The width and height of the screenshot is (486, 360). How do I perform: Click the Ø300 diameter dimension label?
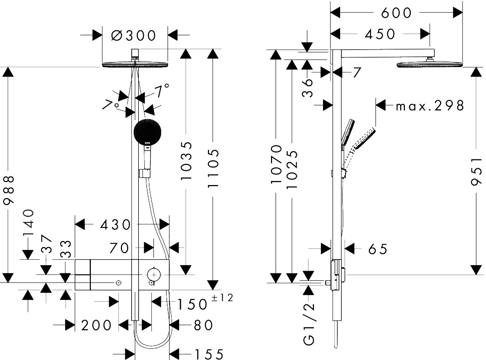(133, 35)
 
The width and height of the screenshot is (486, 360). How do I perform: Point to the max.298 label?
(429, 106)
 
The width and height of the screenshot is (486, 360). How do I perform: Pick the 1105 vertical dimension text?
(214, 168)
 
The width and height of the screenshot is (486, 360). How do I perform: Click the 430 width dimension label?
(116, 224)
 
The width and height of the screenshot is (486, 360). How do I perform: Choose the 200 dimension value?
(96, 325)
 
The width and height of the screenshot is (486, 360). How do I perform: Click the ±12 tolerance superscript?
(222, 298)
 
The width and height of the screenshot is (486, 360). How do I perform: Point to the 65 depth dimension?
(377, 249)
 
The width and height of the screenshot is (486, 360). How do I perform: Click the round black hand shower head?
(148, 132)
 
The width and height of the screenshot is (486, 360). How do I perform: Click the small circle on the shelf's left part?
(118, 283)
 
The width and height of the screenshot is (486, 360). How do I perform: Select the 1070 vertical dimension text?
(276, 164)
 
